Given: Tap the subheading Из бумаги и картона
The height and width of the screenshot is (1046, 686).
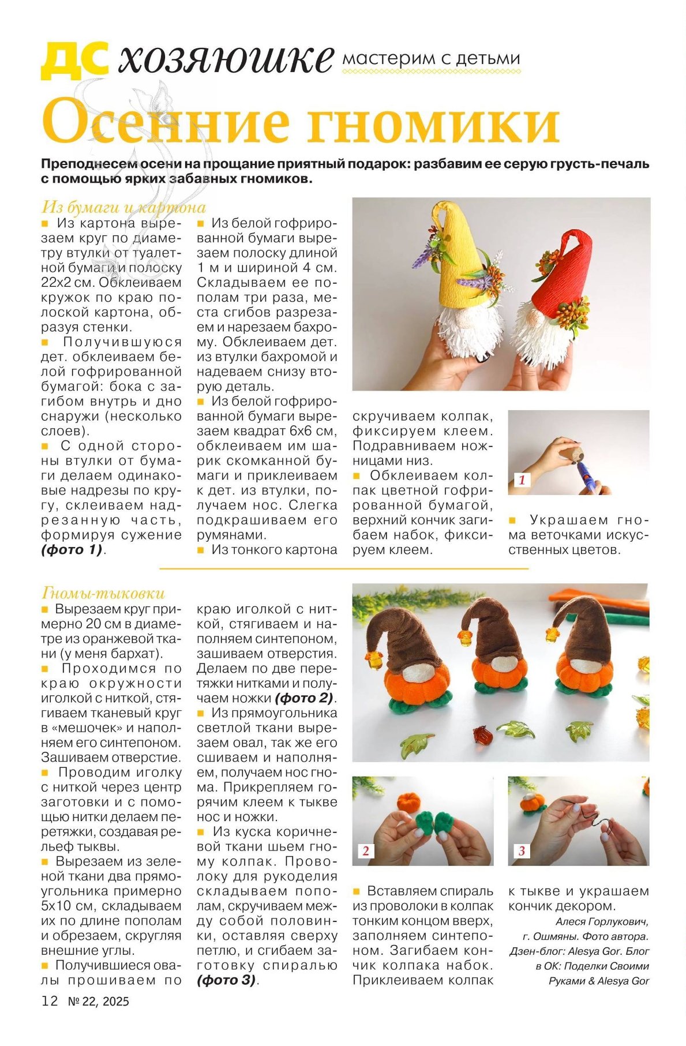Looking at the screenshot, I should point(123,207).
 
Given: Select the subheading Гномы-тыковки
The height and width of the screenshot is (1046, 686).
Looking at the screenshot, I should point(103,593).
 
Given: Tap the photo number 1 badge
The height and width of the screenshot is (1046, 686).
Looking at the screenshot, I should point(522,479).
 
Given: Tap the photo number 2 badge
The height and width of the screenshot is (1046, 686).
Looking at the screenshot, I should point(366,850).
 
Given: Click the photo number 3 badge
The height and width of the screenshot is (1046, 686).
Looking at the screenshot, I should point(522,850).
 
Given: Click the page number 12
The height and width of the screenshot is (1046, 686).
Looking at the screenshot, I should point(50,1000).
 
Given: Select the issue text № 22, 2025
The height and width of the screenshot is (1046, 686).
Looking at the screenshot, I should point(99,1001).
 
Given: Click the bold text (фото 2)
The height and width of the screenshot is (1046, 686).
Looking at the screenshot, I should point(304,698).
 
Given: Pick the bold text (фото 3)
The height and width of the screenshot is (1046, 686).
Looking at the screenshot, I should point(226,980).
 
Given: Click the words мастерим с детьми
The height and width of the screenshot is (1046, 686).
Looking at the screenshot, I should point(431,58).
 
